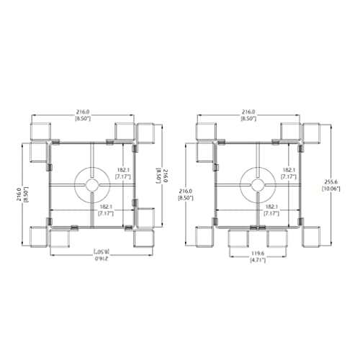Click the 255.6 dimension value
coord(330,182)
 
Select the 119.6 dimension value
coord(258,253)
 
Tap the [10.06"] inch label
coord(330,189)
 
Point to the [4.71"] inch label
coord(258,260)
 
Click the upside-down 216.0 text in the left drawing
coord(102,258)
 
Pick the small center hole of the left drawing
coord(92,185)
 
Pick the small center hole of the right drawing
coord(258,185)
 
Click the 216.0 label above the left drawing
coord(83,112)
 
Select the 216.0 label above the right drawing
coord(248,112)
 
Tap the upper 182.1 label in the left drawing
coord(123,170)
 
